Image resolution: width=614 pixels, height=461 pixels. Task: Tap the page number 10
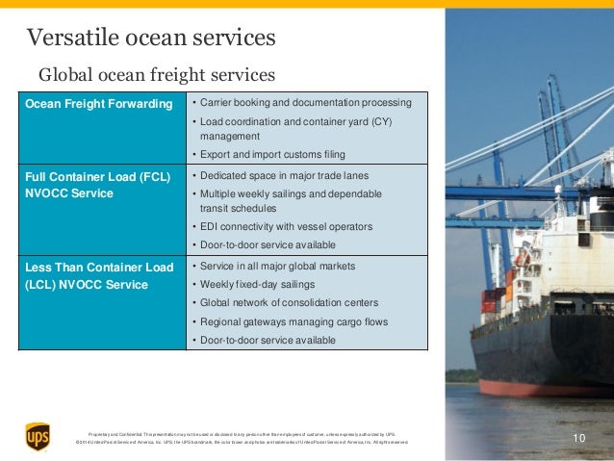click(578, 439)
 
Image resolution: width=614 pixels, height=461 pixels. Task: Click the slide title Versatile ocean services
click(151, 38)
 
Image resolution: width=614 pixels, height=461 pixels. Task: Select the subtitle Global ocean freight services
click(156, 74)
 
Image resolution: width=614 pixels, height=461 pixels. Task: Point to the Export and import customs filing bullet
click(269, 154)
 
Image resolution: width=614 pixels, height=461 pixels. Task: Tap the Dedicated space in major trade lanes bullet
click(279, 175)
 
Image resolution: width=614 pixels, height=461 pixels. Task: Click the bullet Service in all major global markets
click(274, 266)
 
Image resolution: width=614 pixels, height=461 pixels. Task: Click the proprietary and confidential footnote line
click(241, 434)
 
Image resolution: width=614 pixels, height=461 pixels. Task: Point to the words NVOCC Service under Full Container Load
click(69, 193)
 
